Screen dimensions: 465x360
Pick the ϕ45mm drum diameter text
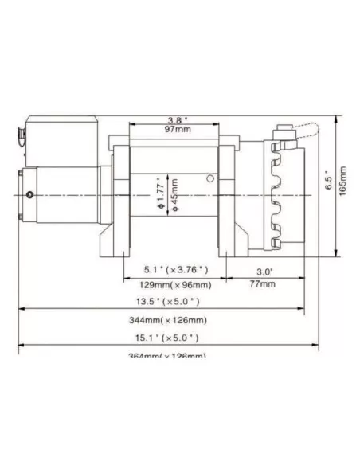point(174,193)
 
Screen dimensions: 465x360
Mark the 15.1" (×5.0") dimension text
point(168,338)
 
